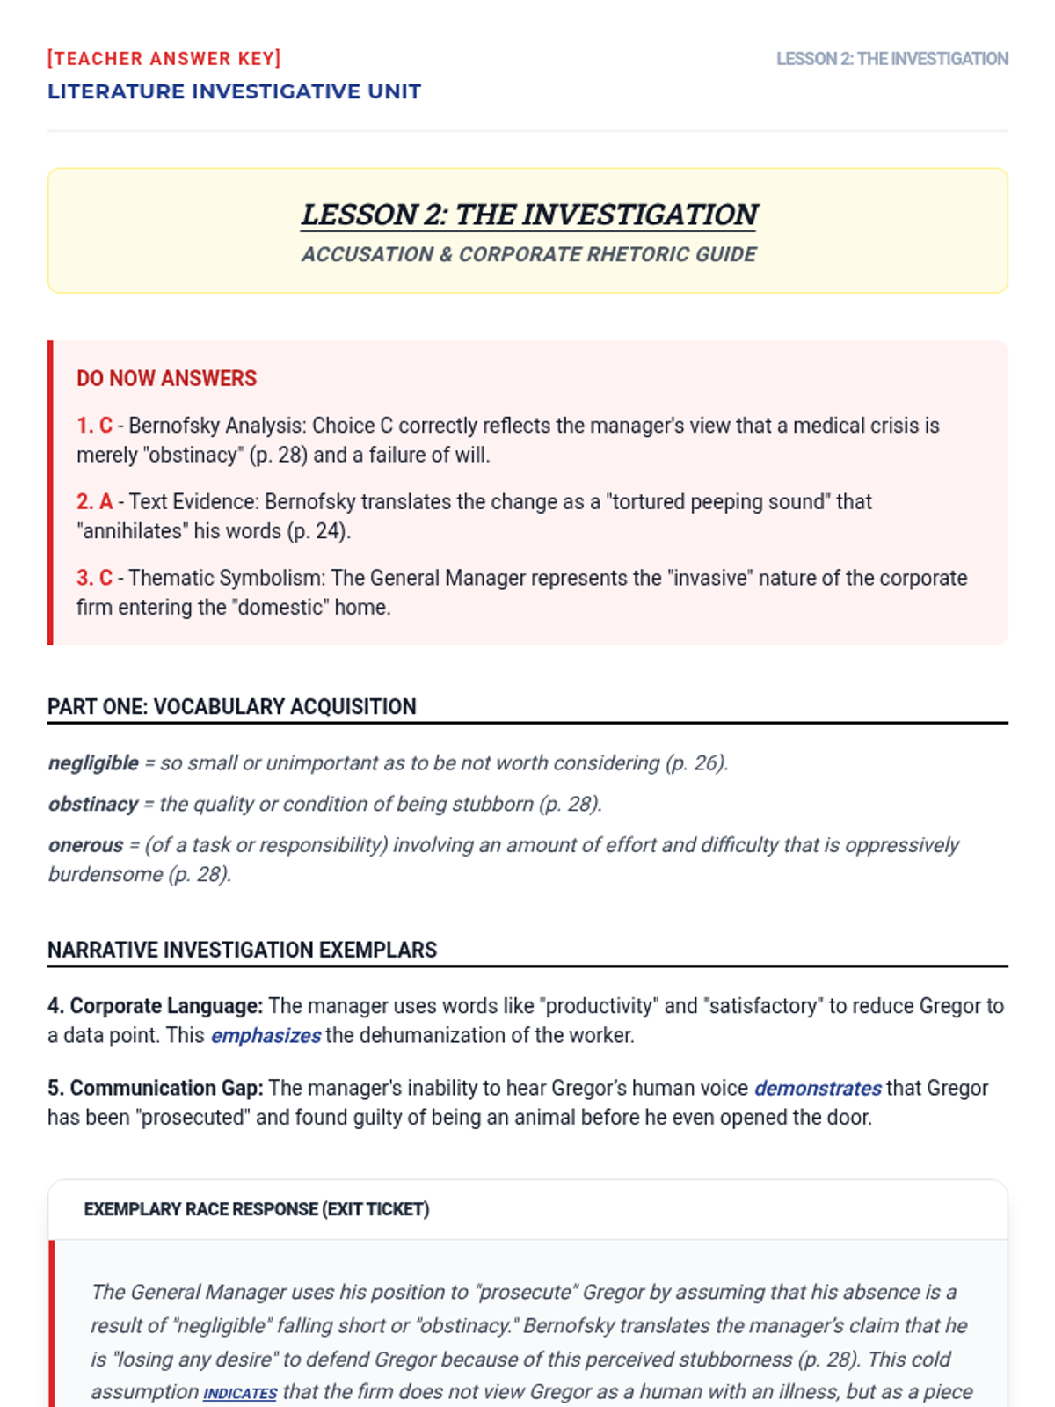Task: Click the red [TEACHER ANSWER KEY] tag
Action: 164,59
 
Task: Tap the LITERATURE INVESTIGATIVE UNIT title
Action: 234,91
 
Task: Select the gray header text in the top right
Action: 891,59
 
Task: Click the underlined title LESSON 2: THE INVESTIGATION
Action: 528,215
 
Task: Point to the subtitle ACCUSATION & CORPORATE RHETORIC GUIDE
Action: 528,254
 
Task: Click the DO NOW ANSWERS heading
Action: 166,378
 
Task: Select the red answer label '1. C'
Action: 94,426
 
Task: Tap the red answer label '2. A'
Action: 94,502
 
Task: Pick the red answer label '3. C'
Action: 94,579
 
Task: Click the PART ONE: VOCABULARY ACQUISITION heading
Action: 232,707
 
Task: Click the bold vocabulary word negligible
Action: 93,763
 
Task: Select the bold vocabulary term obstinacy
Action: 93,805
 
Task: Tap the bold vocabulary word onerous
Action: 85,846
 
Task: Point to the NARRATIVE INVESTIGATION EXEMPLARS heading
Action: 242,951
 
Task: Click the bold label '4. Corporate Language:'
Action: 155,1006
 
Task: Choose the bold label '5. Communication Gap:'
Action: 155,1089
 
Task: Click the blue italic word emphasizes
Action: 266,1036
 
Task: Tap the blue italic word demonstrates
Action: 818,1089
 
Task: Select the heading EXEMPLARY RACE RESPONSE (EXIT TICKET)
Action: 256,1210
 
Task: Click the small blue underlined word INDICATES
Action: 240,1394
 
